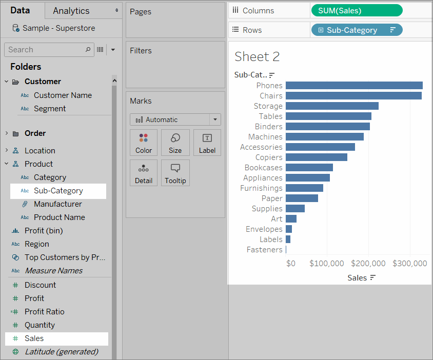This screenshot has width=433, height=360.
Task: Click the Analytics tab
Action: click(x=71, y=11)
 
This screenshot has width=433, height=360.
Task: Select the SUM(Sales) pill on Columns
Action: click(x=356, y=10)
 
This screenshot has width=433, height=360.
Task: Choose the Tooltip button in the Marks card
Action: click(x=175, y=173)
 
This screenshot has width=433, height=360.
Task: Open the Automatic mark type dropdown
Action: click(x=175, y=119)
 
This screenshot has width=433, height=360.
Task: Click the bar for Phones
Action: click(x=354, y=86)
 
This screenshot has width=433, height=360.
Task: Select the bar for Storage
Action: click(x=332, y=106)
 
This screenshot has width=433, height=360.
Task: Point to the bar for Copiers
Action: click(x=316, y=157)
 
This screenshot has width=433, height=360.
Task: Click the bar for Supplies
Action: click(x=295, y=209)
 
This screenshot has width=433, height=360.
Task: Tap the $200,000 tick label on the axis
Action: click(x=369, y=264)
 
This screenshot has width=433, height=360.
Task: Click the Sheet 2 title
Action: click(x=257, y=56)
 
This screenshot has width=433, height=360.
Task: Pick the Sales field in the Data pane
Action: click(x=34, y=338)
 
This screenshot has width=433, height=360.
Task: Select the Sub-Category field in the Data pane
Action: click(x=58, y=191)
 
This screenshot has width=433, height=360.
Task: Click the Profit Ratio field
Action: click(x=44, y=312)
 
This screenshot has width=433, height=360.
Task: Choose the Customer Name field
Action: click(x=63, y=95)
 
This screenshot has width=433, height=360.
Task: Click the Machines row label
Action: click(x=265, y=137)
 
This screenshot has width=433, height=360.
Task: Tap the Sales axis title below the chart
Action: click(x=357, y=277)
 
